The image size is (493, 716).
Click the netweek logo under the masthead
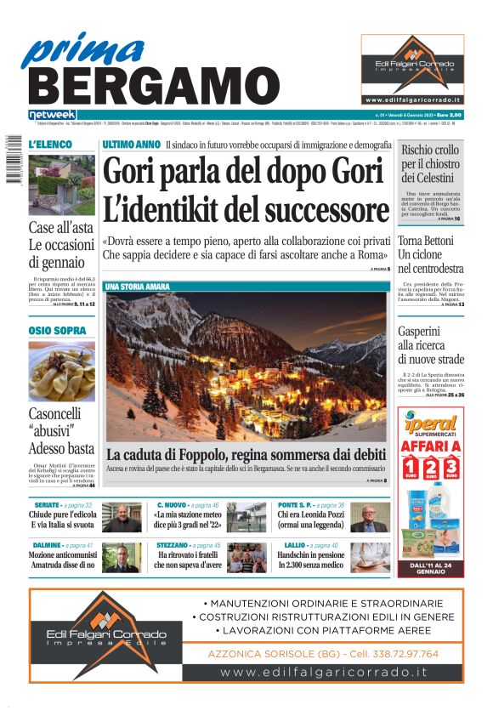pos(52,114)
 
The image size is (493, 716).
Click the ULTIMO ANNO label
pos(131,145)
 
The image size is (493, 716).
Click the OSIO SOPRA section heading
pos(57,330)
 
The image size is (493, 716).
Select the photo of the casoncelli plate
pos(61,371)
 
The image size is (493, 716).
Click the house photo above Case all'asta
pos(61,184)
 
